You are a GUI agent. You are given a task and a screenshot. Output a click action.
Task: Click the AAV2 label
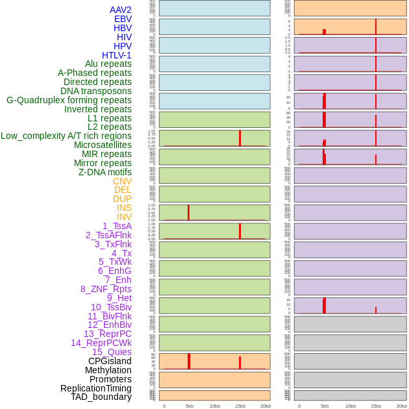pyautogui.click(x=120, y=10)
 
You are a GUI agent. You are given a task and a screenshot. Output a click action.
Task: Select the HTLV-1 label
pyautogui.click(x=116, y=55)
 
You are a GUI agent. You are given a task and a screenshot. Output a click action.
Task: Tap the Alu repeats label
pyautogui.click(x=108, y=64)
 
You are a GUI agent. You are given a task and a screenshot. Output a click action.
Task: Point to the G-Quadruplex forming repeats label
pyautogui.click(x=69, y=100)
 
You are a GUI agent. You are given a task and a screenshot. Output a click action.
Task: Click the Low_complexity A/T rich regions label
pyautogui.click(x=66, y=136)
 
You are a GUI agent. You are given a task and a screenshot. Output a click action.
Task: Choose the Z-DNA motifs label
pyautogui.click(x=105, y=172)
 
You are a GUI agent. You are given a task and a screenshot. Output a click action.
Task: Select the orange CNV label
pyautogui.click(x=122, y=181)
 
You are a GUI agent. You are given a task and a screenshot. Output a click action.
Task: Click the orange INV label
pyautogui.click(x=124, y=217)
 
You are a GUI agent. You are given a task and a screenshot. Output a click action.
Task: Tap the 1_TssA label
pyautogui.click(x=117, y=226)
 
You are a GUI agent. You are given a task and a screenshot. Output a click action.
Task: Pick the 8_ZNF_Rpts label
pyautogui.click(x=106, y=289)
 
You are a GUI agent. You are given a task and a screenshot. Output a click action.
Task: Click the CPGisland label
pyautogui.click(x=110, y=361)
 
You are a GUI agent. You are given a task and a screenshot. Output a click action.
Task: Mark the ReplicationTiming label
pyautogui.click(x=95, y=388)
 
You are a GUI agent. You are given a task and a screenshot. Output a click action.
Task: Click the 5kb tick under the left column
pyautogui.click(x=190, y=406)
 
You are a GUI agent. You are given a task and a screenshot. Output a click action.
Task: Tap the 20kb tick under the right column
pyautogui.click(x=402, y=406)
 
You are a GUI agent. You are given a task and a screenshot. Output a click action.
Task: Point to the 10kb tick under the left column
pyautogui.click(x=215, y=406)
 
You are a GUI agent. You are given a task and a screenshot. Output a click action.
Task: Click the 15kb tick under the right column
pyautogui.click(x=376, y=406)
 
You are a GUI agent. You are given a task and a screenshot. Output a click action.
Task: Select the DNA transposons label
pyautogui.click(x=96, y=91)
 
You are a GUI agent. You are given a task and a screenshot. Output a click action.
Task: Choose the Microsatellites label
pyautogui.click(x=103, y=145)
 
